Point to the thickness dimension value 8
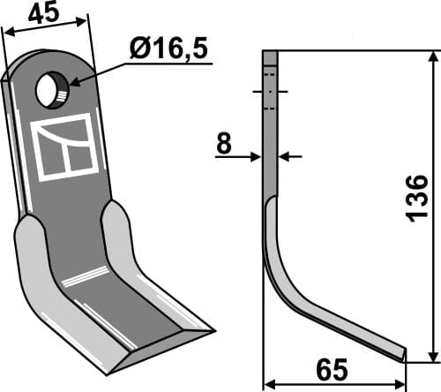[x=224, y=144]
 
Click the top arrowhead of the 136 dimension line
[x=432, y=57]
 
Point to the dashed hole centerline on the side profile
[x=271, y=92]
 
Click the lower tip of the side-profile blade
[x=404, y=358]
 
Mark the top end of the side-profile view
[x=271, y=53]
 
